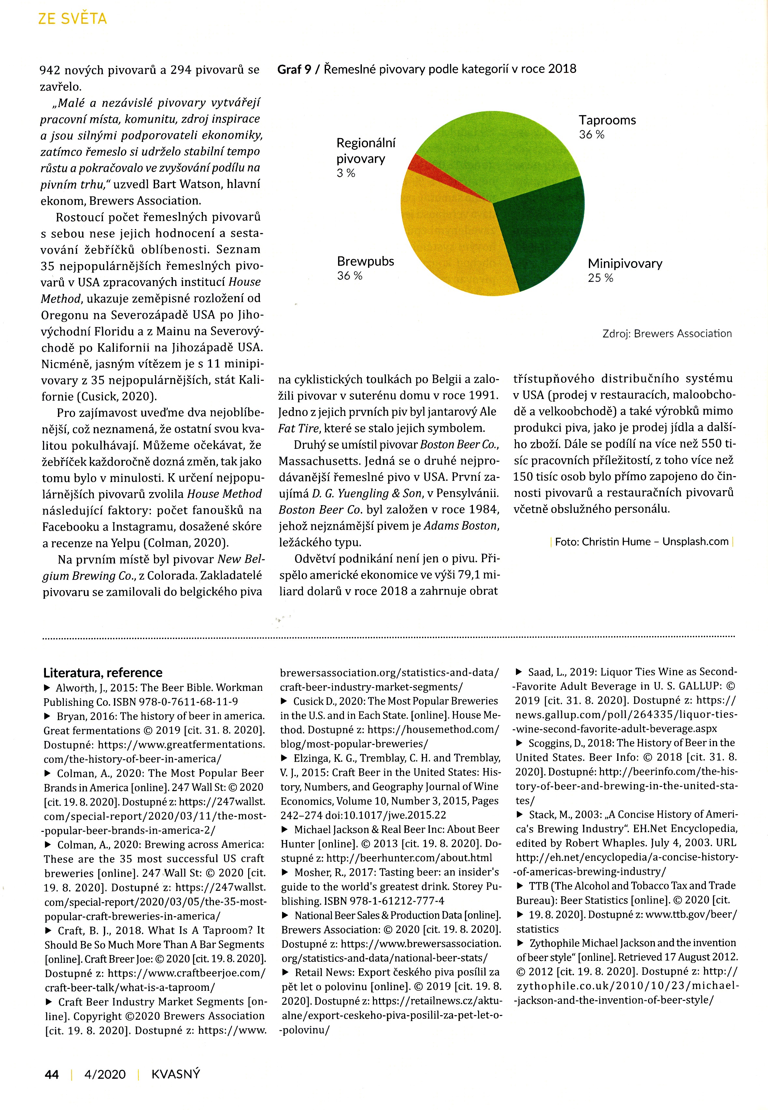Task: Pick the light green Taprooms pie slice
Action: (496, 154)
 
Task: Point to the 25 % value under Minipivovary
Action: (600, 278)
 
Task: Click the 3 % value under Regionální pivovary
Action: (346, 173)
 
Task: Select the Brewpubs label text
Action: (365, 261)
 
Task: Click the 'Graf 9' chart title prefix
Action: (294, 69)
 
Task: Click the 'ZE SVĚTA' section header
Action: (72, 19)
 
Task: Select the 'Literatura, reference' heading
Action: (103, 672)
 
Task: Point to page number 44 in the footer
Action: (51, 1074)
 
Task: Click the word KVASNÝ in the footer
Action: (175, 1074)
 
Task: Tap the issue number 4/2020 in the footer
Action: (105, 1074)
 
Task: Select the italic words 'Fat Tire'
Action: (299, 428)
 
